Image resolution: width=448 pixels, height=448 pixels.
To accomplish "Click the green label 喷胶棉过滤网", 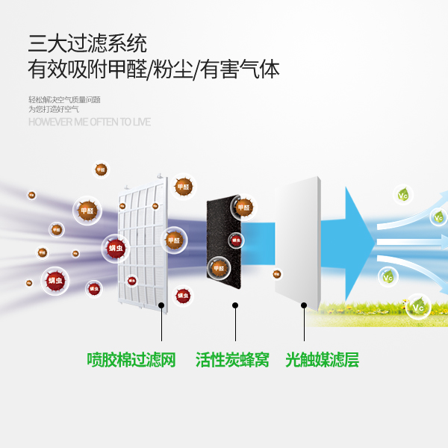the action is click(x=131, y=360).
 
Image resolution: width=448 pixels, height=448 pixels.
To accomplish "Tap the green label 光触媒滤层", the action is click(x=322, y=360).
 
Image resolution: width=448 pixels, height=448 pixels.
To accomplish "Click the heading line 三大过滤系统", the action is click(x=87, y=42).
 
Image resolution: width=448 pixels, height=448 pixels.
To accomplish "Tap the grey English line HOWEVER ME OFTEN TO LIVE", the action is click(x=90, y=122).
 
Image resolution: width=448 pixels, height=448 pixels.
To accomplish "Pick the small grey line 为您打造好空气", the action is click(x=54, y=109).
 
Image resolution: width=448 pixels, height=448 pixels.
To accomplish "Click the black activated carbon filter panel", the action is click(x=224, y=239).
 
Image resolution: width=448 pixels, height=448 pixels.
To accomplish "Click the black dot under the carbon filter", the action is click(x=235, y=305).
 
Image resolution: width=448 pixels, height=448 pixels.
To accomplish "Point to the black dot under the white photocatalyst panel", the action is click(x=304, y=305).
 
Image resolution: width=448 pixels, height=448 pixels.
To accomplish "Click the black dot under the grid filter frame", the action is click(x=162, y=305).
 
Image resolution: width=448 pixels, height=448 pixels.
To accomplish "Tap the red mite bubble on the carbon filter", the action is click(x=236, y=240).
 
